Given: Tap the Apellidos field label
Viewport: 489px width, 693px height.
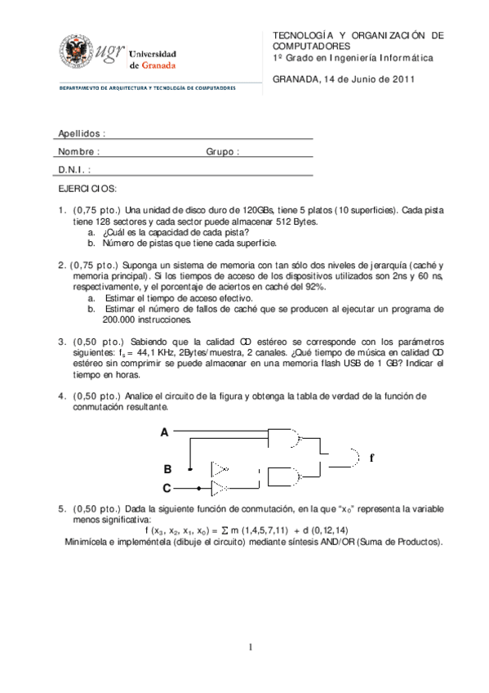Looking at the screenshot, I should point(82,133).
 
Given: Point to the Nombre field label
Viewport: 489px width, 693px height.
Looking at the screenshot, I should point(78,152).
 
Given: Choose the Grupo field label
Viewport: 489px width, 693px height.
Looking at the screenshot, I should point(222,152).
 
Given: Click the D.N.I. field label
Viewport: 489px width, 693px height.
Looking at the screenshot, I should point(74,170).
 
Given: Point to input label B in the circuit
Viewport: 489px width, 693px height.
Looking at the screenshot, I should point(167,468).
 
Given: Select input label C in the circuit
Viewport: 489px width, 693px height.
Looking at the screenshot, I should point(167,488).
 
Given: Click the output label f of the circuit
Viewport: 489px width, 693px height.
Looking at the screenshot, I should point(371,458).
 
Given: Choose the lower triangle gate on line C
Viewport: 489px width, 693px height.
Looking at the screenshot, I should point(220,489).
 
